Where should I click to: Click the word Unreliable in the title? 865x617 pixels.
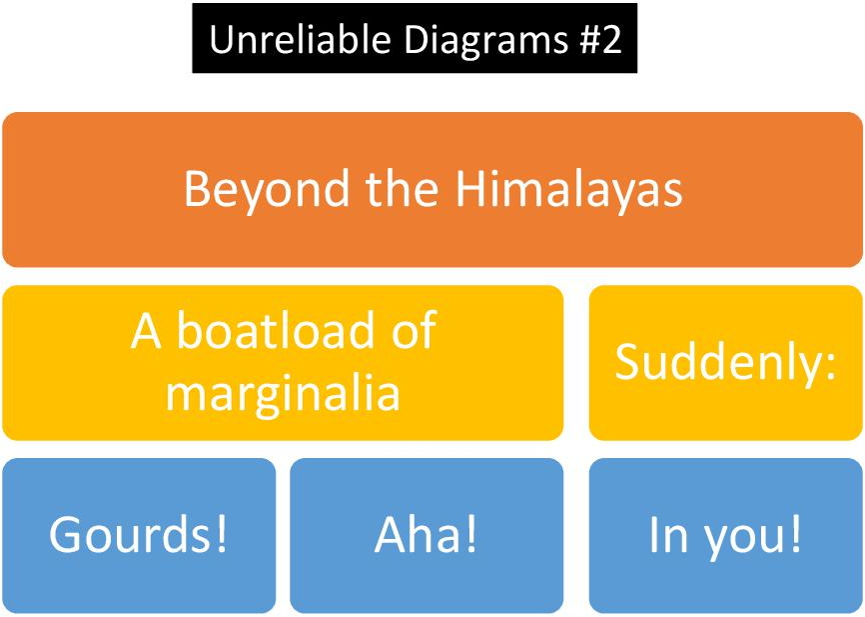301,39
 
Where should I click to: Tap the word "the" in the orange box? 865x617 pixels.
402,188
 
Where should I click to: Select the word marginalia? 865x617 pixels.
283,394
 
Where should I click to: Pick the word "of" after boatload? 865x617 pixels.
415,330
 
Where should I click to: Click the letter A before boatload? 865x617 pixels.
146,331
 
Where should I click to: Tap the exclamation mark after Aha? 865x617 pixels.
470,534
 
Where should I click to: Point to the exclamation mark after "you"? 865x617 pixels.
795,534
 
